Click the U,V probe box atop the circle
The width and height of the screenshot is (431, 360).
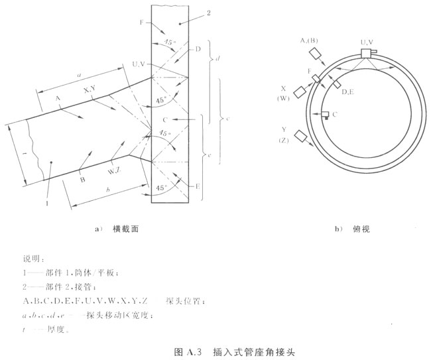pyautogui.click(x=366, y=53)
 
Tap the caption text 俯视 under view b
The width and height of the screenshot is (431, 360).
pyautogui.click(x=361, y=230)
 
